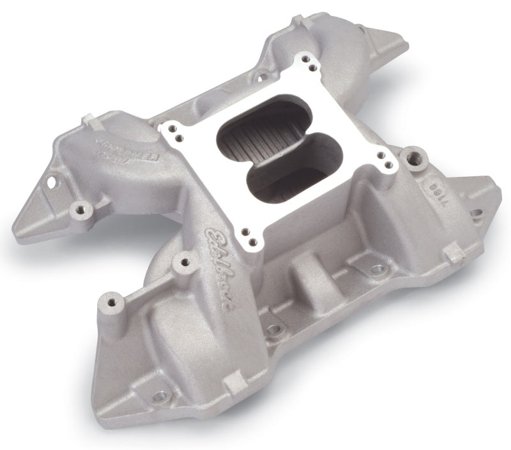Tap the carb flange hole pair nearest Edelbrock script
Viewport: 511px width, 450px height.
249,236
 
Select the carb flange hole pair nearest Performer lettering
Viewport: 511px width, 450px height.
172,131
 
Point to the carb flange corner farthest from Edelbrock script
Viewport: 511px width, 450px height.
307,61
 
